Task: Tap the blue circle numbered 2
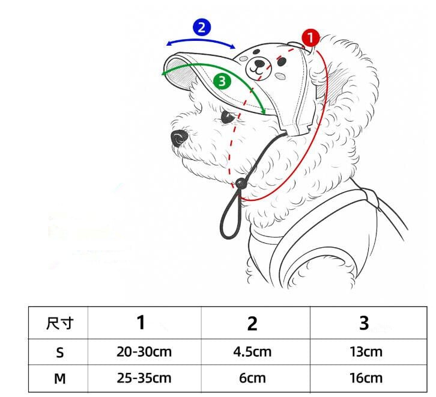tap(202, 27)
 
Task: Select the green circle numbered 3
tap(222, 81)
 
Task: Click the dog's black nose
tap(179, 139)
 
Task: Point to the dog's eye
tap(227, 116)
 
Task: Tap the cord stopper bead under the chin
tap(241, 183)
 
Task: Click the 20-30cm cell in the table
tap(144, 352)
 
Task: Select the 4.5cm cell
tap(252, 352)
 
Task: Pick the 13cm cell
tap(366, 352)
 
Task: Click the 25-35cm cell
tap(144, 378)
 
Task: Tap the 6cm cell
tap(252, 378)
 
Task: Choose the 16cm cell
tap(366, 378)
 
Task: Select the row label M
tap(59, 378)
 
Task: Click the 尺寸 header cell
tap(59, 324)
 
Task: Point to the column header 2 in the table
tap(252, 324)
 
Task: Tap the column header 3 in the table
tap(364, 323)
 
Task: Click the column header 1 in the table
tap(141, 323)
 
